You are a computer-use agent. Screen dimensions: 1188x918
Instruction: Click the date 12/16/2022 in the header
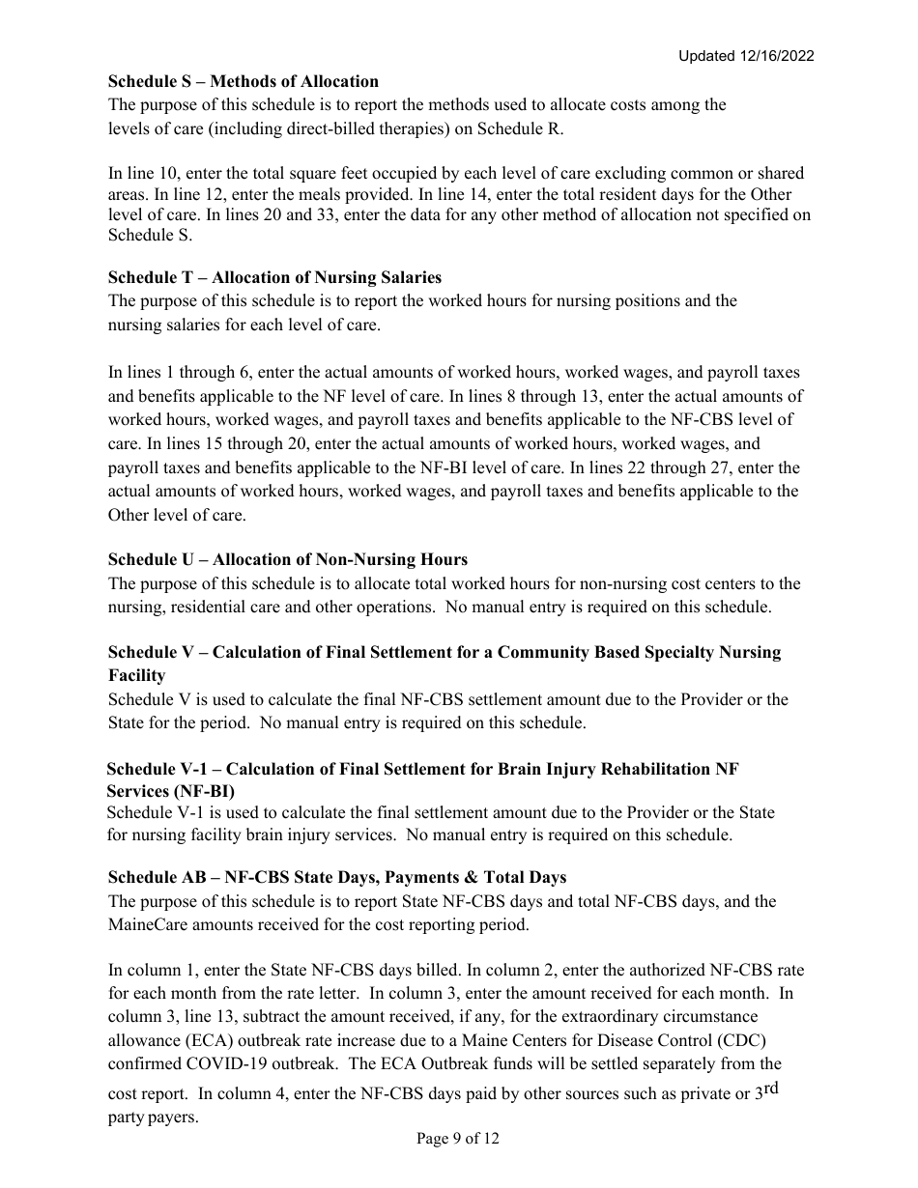pos(777,56)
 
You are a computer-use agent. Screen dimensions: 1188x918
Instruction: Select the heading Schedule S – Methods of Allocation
pos(244,81)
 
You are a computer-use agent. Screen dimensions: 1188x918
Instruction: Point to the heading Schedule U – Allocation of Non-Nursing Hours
pos(287,560)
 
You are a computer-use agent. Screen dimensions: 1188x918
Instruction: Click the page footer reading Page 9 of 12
pos(458,1139)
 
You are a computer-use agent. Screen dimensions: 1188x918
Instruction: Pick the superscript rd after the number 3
pos(771,1089)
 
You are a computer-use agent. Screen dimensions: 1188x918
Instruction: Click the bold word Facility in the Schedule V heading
pos(136,676)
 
